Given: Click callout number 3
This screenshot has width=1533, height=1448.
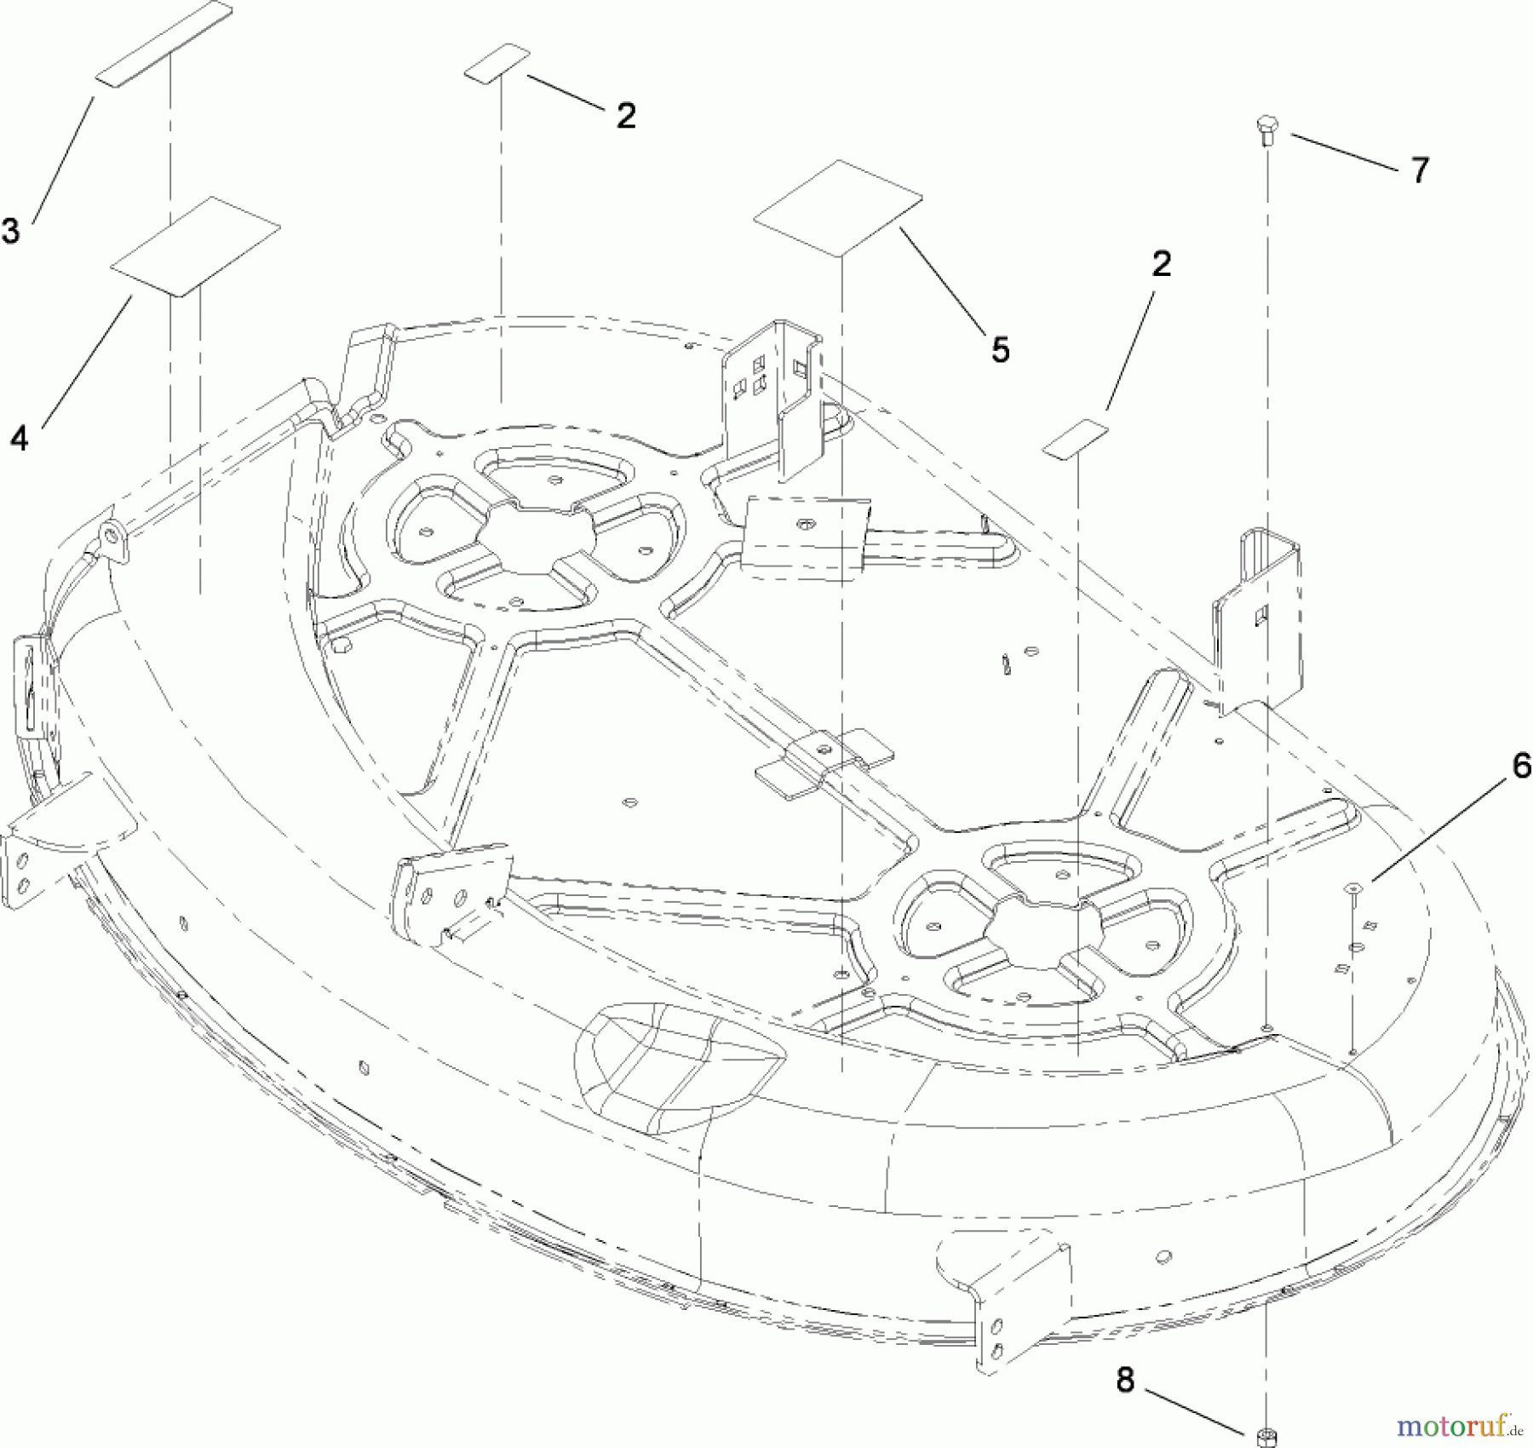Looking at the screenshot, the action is (x=10, y=231).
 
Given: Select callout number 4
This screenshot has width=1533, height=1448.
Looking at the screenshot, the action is (x=19, y=440).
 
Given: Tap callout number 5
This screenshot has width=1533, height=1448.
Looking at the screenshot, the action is (x=1000, y=349).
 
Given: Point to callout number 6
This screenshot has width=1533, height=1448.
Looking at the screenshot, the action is (x=1520, y=767).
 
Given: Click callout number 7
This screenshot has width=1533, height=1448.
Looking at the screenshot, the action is (x=1419, y=171).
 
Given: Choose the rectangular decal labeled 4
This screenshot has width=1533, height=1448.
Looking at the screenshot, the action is (x=195, y=247).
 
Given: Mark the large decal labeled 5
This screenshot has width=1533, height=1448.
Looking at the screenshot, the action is (x=837, y=208).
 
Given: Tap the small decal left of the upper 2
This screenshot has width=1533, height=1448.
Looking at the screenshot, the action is (x=497, y=64).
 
